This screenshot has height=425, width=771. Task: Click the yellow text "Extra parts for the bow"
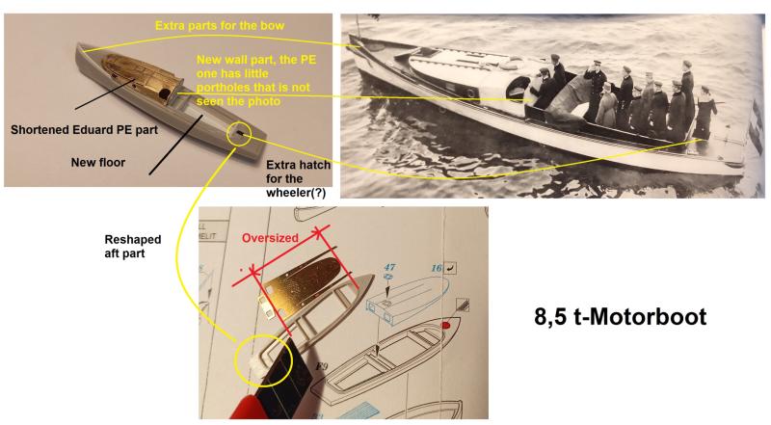(x=220, y=26)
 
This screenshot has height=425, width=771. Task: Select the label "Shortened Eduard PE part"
(x=84, y=130)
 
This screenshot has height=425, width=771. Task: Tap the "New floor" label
(x=98, y=162)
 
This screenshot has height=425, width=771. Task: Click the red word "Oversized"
(x=270, y=238)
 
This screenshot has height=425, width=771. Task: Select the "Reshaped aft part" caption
(x=133, y=246)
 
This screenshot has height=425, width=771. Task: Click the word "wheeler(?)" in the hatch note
(x=296, y=193)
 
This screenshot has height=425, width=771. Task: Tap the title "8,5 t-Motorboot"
(x=620, y=316)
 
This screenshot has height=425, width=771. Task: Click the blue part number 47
(x=389, y=267)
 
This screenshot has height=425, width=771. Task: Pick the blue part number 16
(x=437, y=268)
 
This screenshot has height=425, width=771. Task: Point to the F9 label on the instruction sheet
(x=322, y=366)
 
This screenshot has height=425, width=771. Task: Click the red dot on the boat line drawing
(x=446, y=325)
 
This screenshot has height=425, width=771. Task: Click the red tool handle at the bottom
(x=246, y=410)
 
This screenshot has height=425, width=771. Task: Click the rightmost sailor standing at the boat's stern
(x=705, y=112)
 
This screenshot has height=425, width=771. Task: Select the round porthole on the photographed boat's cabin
(x=470, y=92)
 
